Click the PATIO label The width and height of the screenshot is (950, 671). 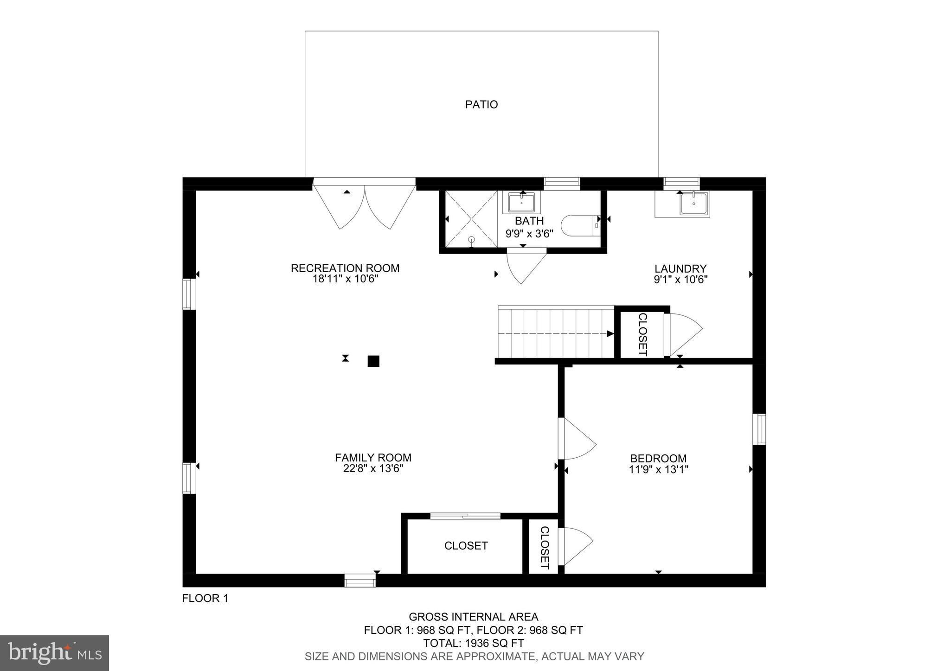point(481,105)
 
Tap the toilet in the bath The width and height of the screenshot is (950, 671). point(580,226)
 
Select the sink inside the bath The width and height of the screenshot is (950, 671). point(521,203)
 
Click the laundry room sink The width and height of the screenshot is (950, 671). point(694,204)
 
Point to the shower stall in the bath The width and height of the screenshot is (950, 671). point(471,219)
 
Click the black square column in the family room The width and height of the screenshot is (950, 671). point(373,361)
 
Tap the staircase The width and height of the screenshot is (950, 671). point(556,332)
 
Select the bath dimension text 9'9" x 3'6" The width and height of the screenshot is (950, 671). point(529,234)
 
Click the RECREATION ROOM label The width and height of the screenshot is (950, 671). point(345,268)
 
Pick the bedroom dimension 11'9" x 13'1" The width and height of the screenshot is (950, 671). point(658,469)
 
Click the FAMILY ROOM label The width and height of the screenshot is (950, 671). point(373,458)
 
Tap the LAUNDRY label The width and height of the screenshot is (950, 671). point(680,268)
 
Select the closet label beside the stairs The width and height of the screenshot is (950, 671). point(642,334)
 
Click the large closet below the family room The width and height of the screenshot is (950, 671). point(465,546)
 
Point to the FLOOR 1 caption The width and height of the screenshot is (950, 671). point(205,599)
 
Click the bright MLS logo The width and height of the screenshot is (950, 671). point(55,653)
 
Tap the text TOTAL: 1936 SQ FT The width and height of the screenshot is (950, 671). point(474,643)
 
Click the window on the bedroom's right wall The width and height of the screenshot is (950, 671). point(759,429)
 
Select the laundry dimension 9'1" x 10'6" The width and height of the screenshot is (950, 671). point(680,280)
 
